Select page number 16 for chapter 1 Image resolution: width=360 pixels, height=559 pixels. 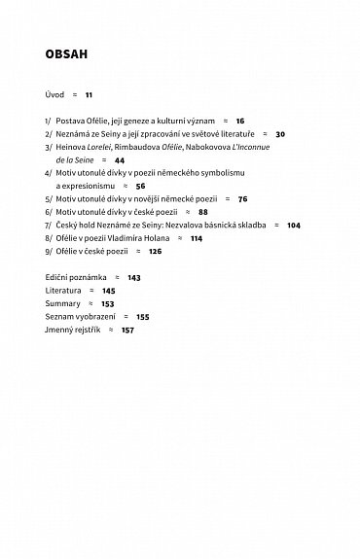coord(240,121)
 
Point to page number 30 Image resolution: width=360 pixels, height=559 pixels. coord(280,133)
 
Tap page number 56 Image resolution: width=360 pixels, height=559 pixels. coord(140,185)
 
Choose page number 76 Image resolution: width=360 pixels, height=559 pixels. coord(242,198)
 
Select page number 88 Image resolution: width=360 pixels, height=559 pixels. coord(202,211)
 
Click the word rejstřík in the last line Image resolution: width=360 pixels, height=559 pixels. coord(85,330)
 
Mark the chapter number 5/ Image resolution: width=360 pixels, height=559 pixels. coord(49,198)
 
